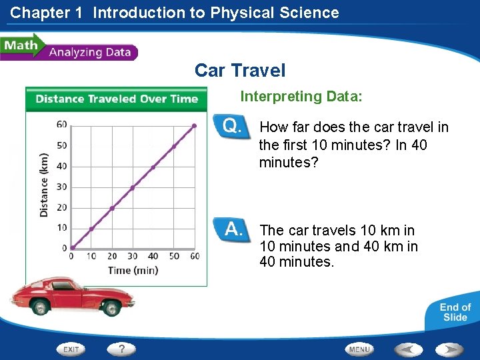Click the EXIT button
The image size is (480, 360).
click(72, 349)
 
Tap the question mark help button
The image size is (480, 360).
click(122, 349)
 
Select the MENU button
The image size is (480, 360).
click(359, 349)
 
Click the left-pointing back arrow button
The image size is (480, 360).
click(408, 349)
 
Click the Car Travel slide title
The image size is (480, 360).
click(240, 70)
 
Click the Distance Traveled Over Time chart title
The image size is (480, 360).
click(117, 99)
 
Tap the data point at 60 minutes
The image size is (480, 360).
click(194, 125)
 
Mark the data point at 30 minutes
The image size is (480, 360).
click(133, 187)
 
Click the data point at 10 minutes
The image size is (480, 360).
click(92, 229)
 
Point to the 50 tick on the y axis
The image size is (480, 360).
click(61, 145)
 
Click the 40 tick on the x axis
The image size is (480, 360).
click(153, 257)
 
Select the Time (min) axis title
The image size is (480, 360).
click(133, 270)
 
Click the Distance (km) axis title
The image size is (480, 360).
click(44, 183)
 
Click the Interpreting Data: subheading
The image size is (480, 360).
click(301, 97)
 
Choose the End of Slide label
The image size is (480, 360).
click(455, 312)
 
